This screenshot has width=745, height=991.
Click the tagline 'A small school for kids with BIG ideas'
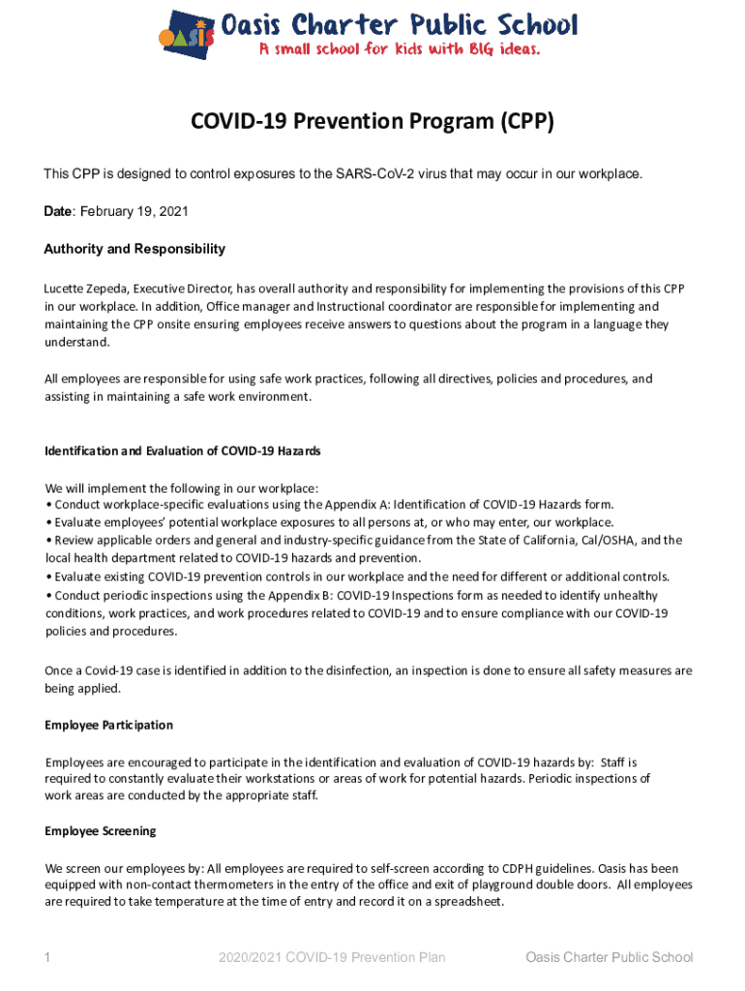(x=398, y=48)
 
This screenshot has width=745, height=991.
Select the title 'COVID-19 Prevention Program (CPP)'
(x=372, y=122)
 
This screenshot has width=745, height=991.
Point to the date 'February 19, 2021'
(x=134, y=211)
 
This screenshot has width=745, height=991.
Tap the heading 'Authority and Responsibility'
(x=134, y=249)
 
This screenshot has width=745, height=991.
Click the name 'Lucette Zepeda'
(x=86, y=288)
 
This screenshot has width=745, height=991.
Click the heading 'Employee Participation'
(x=109, y=725)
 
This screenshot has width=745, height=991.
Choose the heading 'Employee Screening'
(x=101, y=830)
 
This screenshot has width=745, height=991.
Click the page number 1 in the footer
(x=47, y=958)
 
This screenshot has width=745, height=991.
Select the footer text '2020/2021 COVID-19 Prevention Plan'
(x=332, y=958)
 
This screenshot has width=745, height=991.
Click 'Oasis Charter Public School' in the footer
(x=610, y=958)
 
